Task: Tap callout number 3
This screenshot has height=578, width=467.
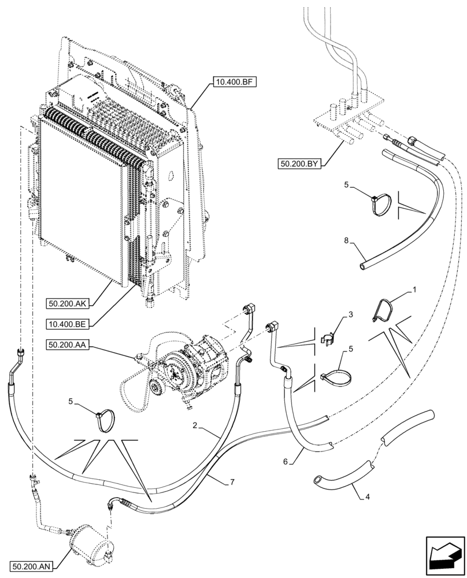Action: [x=349, y=316]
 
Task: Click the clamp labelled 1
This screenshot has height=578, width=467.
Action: [x=383, y=310]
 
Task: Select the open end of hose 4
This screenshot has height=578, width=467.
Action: [x=318, y=479]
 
